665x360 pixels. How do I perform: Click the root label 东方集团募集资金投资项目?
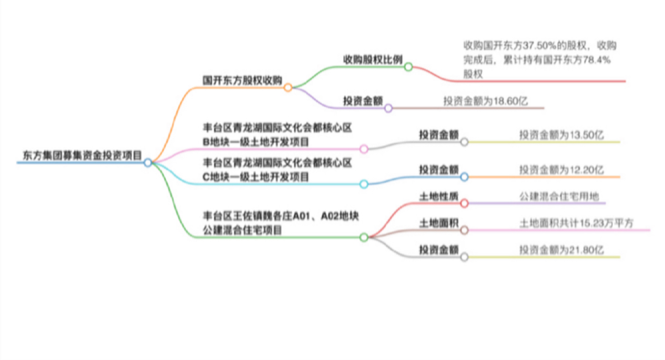pos(82,155)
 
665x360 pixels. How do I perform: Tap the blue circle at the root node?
pos(148,163)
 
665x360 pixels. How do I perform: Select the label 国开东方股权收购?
pos(242,80)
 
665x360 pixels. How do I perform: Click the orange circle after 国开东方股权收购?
pos(288,87)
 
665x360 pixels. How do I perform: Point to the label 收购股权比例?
pos(373,59)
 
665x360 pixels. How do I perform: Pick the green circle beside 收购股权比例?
pos(409,67)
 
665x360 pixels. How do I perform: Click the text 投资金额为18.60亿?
pos(486,101)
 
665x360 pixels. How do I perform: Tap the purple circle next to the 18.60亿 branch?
pos(388,108)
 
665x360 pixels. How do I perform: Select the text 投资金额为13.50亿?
pos(562,135)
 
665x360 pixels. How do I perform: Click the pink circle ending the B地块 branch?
pos(364,149)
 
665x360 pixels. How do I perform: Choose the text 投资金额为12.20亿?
pos(562,170)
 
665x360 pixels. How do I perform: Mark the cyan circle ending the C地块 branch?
pos(364,184)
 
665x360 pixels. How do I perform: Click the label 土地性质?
pos(439,196)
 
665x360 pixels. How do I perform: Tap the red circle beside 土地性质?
pos(464,203)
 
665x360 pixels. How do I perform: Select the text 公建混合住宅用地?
pos(559,196)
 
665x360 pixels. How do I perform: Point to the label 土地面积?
pos(439,223)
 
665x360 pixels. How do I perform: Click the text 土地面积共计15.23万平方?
pos(577,223)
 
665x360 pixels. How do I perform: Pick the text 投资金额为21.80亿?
pos(562,250)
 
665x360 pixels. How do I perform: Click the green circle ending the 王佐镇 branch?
pos(364,237)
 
